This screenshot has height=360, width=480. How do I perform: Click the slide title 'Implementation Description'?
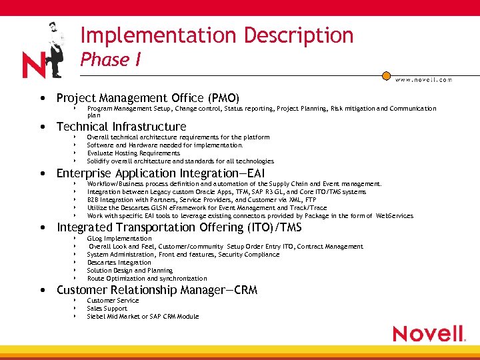pyautogui.click(x=217, y=35)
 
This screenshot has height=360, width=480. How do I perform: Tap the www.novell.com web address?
pyautogui.click(x=423, y=79)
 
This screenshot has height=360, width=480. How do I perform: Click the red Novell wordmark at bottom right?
pyautogui.click(x=428, y=333)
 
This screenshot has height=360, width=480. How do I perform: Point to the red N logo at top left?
pyautogui.click(x=33, y=65)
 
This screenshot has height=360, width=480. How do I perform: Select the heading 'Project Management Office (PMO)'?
pyautogui.click(x=147, y=98)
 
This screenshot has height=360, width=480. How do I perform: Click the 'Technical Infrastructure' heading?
pyautogui.click(x=121, y=127)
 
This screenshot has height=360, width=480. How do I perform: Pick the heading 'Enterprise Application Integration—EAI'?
pyautogui.click(x=161, y=173)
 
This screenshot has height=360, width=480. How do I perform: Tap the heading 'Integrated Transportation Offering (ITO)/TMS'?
pyautogui.click(x=179, y=228)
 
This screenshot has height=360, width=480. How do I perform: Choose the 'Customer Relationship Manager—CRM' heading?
pyautogui.click(x=157, y=290)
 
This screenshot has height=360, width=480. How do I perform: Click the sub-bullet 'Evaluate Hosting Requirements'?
pyautogui.click(x=133, y=153)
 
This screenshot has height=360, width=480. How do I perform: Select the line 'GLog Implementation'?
pyautogui.click(x=119, y=239)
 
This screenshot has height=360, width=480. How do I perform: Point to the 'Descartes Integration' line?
pyautogui.click(x=119, y=263)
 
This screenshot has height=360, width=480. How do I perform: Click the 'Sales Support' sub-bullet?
pyautogui.click(x=107, y=309)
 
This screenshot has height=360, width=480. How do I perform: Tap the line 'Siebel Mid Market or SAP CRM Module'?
pyautogui.click(x=143, y=317)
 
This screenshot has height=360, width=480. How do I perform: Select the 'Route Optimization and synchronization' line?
pyautogui.click(x=147, y=279)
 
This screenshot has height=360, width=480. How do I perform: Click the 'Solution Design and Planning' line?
pyautogui.click(x=129, y=271)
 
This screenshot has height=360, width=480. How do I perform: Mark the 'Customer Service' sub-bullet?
pyautogui.click(x=113, y=301)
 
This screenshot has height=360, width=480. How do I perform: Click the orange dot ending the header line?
pyautogui.click(x=385, y=75)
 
